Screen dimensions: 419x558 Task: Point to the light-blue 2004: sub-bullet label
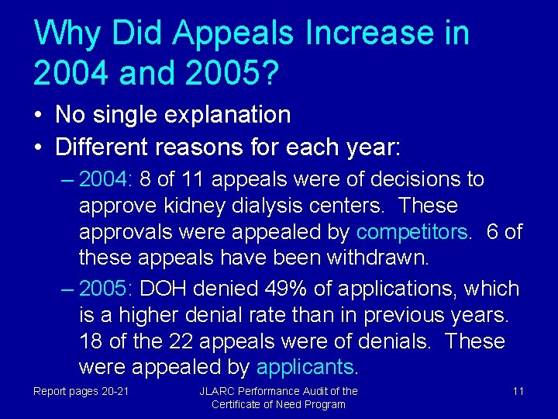(106, 179)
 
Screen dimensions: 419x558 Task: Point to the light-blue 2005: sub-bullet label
(106, 289)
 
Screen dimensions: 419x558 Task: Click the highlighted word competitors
(412, 232)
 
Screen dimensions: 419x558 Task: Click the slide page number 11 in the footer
(518, 391)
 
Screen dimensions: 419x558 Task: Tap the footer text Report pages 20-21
(81, 391)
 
